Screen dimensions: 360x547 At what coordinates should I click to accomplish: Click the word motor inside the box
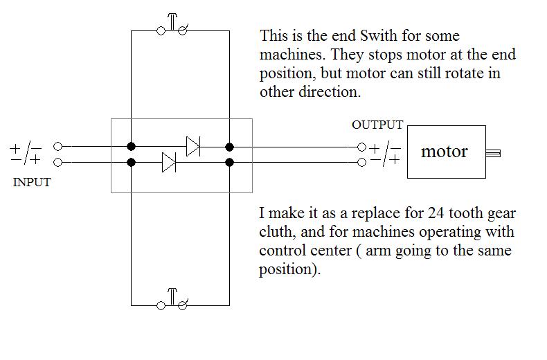(445, 152)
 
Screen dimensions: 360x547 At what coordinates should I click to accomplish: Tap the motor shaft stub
(494, 153)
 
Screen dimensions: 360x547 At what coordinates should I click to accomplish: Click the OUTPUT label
(377, 125)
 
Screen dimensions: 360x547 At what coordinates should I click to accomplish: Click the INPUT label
(32, 183)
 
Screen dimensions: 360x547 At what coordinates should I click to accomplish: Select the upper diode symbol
(193, 147)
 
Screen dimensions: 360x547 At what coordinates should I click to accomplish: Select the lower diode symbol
(169, 163)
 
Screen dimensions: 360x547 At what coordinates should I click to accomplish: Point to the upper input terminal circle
(58, 147)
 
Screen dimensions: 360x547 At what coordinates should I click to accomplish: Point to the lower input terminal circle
(58, 163)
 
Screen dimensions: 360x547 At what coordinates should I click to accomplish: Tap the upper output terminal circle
(361, 147)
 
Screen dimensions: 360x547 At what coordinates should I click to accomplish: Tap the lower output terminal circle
(361, 163)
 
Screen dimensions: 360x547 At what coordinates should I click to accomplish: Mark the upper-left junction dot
(132, 147)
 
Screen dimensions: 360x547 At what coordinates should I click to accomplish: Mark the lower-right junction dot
(229, 163)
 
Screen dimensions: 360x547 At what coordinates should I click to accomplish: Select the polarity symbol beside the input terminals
(26, 154)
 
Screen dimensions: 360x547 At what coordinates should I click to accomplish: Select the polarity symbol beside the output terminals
(385, 154)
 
